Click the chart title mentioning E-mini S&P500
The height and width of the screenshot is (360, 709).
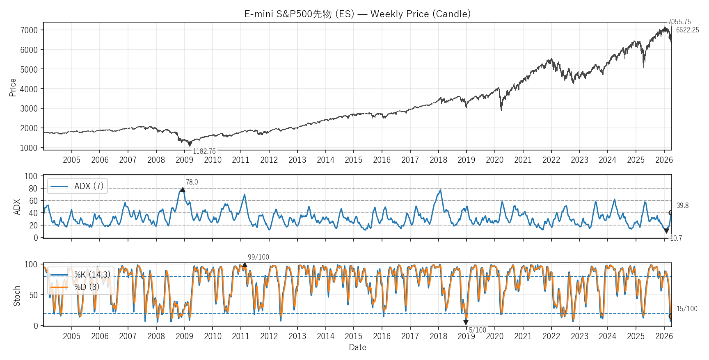coord(357,14)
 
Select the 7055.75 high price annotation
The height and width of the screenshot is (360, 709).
coord(679,22)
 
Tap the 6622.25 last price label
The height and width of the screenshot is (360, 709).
coord(687,30)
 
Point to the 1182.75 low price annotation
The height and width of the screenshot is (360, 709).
coord(204,151)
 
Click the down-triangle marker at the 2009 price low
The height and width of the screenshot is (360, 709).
coord(190,144)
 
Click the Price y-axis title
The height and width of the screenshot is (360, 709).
coord(13,87)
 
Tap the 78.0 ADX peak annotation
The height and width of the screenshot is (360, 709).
coord(192,182)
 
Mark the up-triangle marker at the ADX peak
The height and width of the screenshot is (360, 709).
coord(183,189)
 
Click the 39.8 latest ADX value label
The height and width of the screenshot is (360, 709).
coord(682,205)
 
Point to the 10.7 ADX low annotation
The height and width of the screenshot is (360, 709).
coord(676,238)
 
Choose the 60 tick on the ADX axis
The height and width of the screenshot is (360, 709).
coord(33,201)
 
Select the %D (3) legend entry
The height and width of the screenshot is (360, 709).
coord(87,287)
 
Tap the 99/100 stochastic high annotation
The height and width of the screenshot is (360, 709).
coord(258,257)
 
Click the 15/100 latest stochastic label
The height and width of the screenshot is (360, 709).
coord(687,309)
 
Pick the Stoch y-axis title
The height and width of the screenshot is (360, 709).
coord(17,296)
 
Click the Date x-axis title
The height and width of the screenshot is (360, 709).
coord(357,347)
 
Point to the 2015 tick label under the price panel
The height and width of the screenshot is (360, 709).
coord(353,160)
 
